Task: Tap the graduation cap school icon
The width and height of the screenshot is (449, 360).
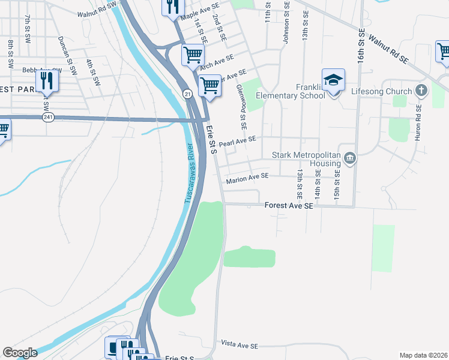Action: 333,79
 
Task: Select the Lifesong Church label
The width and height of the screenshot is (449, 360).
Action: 382,91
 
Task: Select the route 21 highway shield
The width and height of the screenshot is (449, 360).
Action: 187,94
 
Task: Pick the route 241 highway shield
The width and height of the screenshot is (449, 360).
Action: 47,118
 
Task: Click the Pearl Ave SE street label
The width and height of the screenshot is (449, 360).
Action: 238,142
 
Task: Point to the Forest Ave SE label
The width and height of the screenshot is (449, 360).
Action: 289,206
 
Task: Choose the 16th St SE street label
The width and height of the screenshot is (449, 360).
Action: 361,48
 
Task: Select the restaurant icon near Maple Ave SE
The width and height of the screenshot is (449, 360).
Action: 172,7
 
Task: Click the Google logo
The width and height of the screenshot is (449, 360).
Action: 20,353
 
